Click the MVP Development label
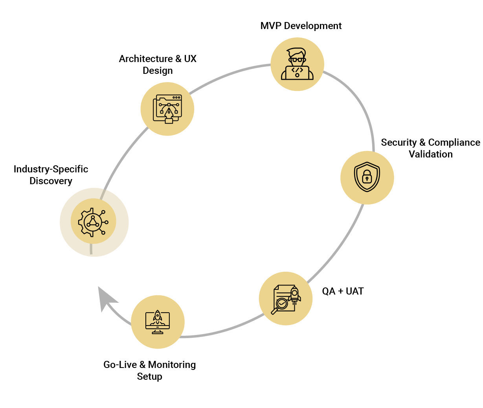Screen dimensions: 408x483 [301, 26]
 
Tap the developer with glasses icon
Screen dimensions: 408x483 [297, 64]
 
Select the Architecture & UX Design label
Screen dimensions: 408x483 [158, 64]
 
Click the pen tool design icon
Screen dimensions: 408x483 [168, 109]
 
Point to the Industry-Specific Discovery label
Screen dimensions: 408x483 [51, 175]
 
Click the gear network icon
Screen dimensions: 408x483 [94, 222]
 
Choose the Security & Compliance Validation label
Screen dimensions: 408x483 [430, 148]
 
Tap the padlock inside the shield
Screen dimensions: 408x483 [367, 177]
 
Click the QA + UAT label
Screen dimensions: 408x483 [343, 291]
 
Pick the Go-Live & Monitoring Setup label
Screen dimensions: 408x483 [150, 370]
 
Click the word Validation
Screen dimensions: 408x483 [430, 154]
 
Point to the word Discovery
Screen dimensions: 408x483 [51, 181]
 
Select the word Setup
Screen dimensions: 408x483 [150, 377]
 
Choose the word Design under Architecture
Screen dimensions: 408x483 [158, 71]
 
